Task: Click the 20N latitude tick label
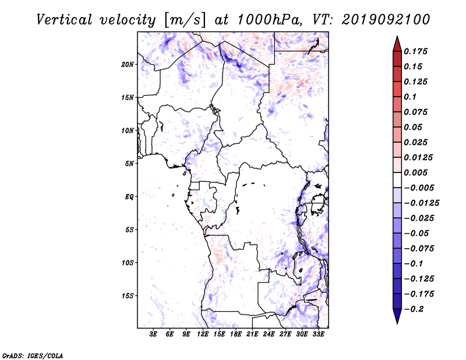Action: point(128,65)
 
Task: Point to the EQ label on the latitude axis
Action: point(129,197)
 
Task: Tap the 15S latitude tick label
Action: point(128,296)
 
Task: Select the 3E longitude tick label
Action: point(153,334)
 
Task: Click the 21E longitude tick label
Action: point(252,334)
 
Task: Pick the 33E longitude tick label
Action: point(318,334)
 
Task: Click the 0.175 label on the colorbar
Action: point(415,51)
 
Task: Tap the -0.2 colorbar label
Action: point(414,309)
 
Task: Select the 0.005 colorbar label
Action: point(415,172)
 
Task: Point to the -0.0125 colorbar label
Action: point(421,203)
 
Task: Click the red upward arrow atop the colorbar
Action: point(397,44)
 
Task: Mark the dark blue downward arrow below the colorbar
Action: point(397,316)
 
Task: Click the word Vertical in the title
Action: point(64,20)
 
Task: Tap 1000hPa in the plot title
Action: point(270,20)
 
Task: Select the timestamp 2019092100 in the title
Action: point(386,20)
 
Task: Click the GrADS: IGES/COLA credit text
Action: point(33,356)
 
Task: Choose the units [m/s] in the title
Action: point(185,20)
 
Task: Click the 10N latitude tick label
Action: point(128,130)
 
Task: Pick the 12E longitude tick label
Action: point(203,334)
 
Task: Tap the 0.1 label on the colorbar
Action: point(410,97)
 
